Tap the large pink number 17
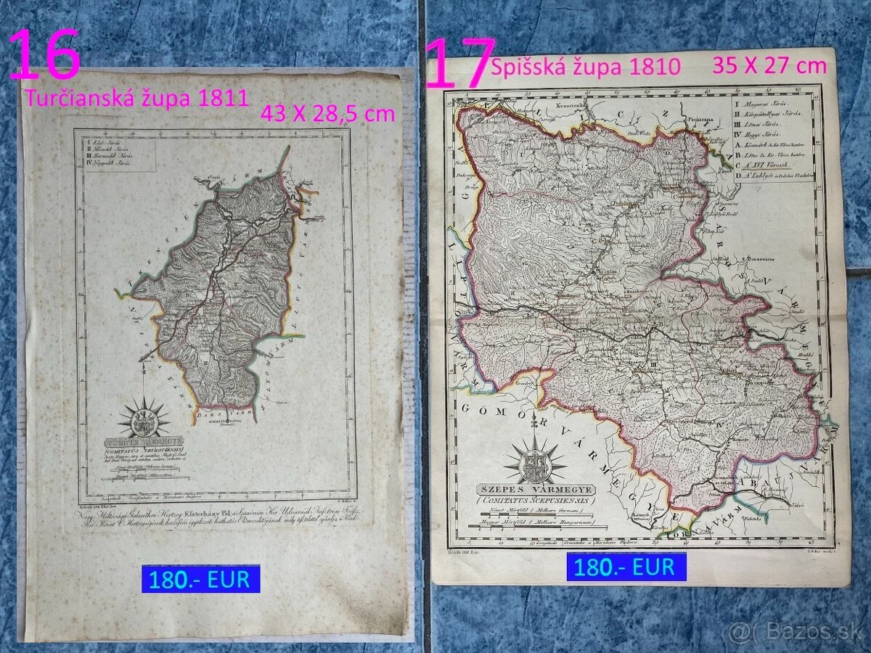click(x=459, y=64)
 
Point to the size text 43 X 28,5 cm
click(x=327, y=113)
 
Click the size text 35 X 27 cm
click(x=769, y=65)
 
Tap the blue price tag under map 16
click(x=200, y=579)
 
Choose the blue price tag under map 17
click(x=626, y=567)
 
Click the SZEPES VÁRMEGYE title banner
click(x=534, y=490)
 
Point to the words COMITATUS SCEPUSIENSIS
click(x=534, y=501)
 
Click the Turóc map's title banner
click(x=143, y=440)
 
